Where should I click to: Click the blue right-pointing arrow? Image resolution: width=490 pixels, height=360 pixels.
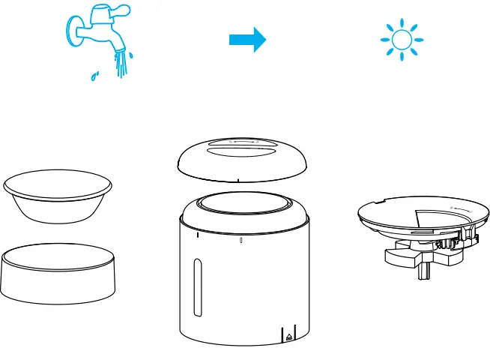click(x=247, y=40)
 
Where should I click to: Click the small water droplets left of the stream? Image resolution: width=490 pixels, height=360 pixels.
click(x=94, y=76)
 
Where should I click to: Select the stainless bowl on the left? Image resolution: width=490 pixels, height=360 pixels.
click(x=58, y=196)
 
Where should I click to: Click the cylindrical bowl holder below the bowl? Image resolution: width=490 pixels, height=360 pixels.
click(x=58, y=274)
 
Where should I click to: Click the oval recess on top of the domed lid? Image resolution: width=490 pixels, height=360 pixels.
click(x=244, y=145)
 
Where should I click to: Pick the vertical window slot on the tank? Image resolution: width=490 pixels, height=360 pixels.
click(x=197, y=287)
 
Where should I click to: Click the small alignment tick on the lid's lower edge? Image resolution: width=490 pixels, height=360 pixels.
click(x=238, y=181)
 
